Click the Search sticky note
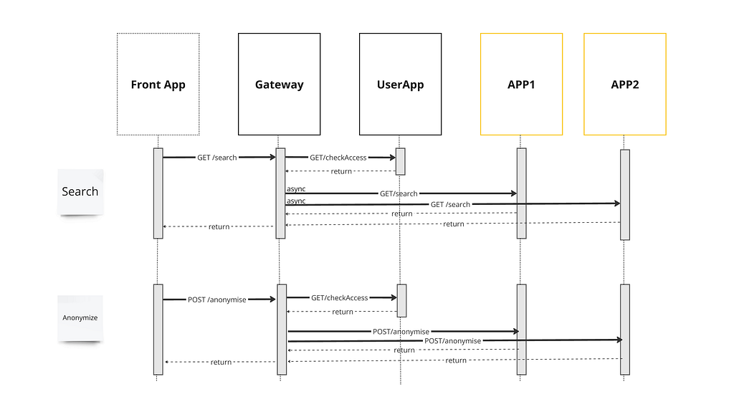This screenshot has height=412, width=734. coord(80,192)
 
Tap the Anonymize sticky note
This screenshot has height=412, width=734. coord(80,318)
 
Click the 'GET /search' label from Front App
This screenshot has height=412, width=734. coord(216,158)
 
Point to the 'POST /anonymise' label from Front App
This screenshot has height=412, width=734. coord(216,300)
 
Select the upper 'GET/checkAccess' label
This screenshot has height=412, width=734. coord(338,158)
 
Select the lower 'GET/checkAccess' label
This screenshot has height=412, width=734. coord(339,298)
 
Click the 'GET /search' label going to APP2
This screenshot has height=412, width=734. coord(450,205)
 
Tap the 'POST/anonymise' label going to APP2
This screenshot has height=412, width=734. coord(453,341)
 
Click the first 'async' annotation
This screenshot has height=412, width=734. coord(296,188)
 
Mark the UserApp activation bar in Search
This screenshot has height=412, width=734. coord(400,161)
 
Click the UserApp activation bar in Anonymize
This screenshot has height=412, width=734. coord(401,300)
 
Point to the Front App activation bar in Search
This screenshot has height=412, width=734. coord(158,193)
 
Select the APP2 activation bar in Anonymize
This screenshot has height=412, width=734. coord(625,330)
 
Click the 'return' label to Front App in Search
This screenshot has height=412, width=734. coord(219,226)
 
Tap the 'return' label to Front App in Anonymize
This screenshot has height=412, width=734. coord(221,362)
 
